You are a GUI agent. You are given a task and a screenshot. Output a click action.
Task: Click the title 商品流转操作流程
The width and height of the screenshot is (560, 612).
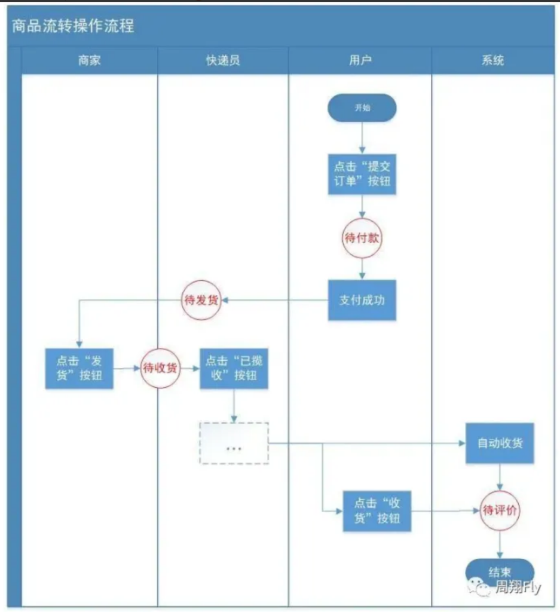pyautogui.click(x=73, y=26)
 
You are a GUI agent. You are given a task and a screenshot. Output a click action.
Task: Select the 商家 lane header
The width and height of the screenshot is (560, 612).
pyautogui.click(x=89, y=60)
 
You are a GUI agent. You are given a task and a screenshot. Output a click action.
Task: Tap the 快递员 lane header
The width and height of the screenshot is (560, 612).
pyautogui.click(x=222, y=60)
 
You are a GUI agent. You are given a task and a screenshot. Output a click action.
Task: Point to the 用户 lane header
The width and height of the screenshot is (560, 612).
pyautogui.click(x=360, y=60)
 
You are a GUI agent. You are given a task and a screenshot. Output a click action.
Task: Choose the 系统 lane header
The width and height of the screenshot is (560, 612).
pyautogui.click(x=492, y=60)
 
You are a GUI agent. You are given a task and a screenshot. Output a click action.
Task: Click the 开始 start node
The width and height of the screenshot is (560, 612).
pyautogui.click(x=362, y=108)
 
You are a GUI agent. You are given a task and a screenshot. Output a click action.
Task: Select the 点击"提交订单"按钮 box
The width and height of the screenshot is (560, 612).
pyautogui.click(x=362, y=174)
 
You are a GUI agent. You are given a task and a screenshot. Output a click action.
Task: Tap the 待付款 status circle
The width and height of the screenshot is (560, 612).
pyautogui.click(x=362, y=238)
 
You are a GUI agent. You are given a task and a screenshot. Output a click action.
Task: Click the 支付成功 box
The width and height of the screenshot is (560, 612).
pyautogui.click(x=362, y=300)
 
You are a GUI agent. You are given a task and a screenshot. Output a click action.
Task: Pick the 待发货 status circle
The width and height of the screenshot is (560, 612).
pyautogui.click(x=201, y=300)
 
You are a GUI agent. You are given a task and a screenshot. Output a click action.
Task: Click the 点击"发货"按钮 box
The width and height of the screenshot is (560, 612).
pyautogui.click(x=79, y=369)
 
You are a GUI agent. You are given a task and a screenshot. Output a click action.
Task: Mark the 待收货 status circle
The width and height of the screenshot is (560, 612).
pyautogui.click(x=160, y=369)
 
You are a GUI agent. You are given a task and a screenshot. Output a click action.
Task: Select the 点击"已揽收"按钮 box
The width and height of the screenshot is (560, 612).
pyautogui.click(x=234, y=369)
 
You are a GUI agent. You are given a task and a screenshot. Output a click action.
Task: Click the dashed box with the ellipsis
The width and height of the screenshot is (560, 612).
pyautogui.click(x=234, y=443)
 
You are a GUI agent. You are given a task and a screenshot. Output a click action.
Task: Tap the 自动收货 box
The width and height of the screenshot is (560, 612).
pyautogui.click(x=500, y=443)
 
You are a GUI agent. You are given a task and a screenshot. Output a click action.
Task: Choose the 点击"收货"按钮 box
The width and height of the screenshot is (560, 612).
pyautogui.click(x=377, y=511)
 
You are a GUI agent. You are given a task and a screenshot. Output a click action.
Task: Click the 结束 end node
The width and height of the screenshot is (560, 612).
pyautogui.click(x=500, y=571)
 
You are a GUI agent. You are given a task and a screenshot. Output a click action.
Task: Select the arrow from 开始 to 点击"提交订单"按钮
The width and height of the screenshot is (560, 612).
pyautogui.click(x=362, y=138)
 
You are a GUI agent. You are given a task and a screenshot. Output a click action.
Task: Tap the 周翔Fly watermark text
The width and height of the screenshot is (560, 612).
pyautogui.click(x=518, y=587)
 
